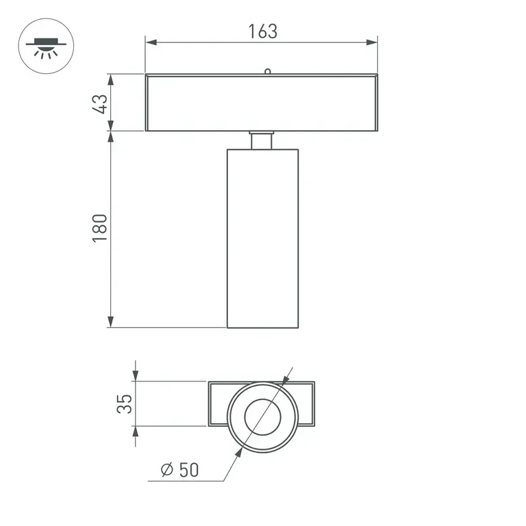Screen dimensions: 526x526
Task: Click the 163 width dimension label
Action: (263, 32)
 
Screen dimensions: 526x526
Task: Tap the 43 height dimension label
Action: (100, 104)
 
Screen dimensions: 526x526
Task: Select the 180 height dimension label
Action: (99, 228)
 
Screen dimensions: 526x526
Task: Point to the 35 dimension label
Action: (124, 404)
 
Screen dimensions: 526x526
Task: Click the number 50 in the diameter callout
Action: (189, 469)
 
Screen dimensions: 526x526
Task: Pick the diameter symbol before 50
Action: (166, 469)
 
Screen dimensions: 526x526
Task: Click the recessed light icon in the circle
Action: (46, 48)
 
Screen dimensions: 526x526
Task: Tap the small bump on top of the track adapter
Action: (267, 71)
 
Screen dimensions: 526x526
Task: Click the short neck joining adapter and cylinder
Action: (262, 140)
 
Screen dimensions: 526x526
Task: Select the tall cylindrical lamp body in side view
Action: (263, 238)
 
